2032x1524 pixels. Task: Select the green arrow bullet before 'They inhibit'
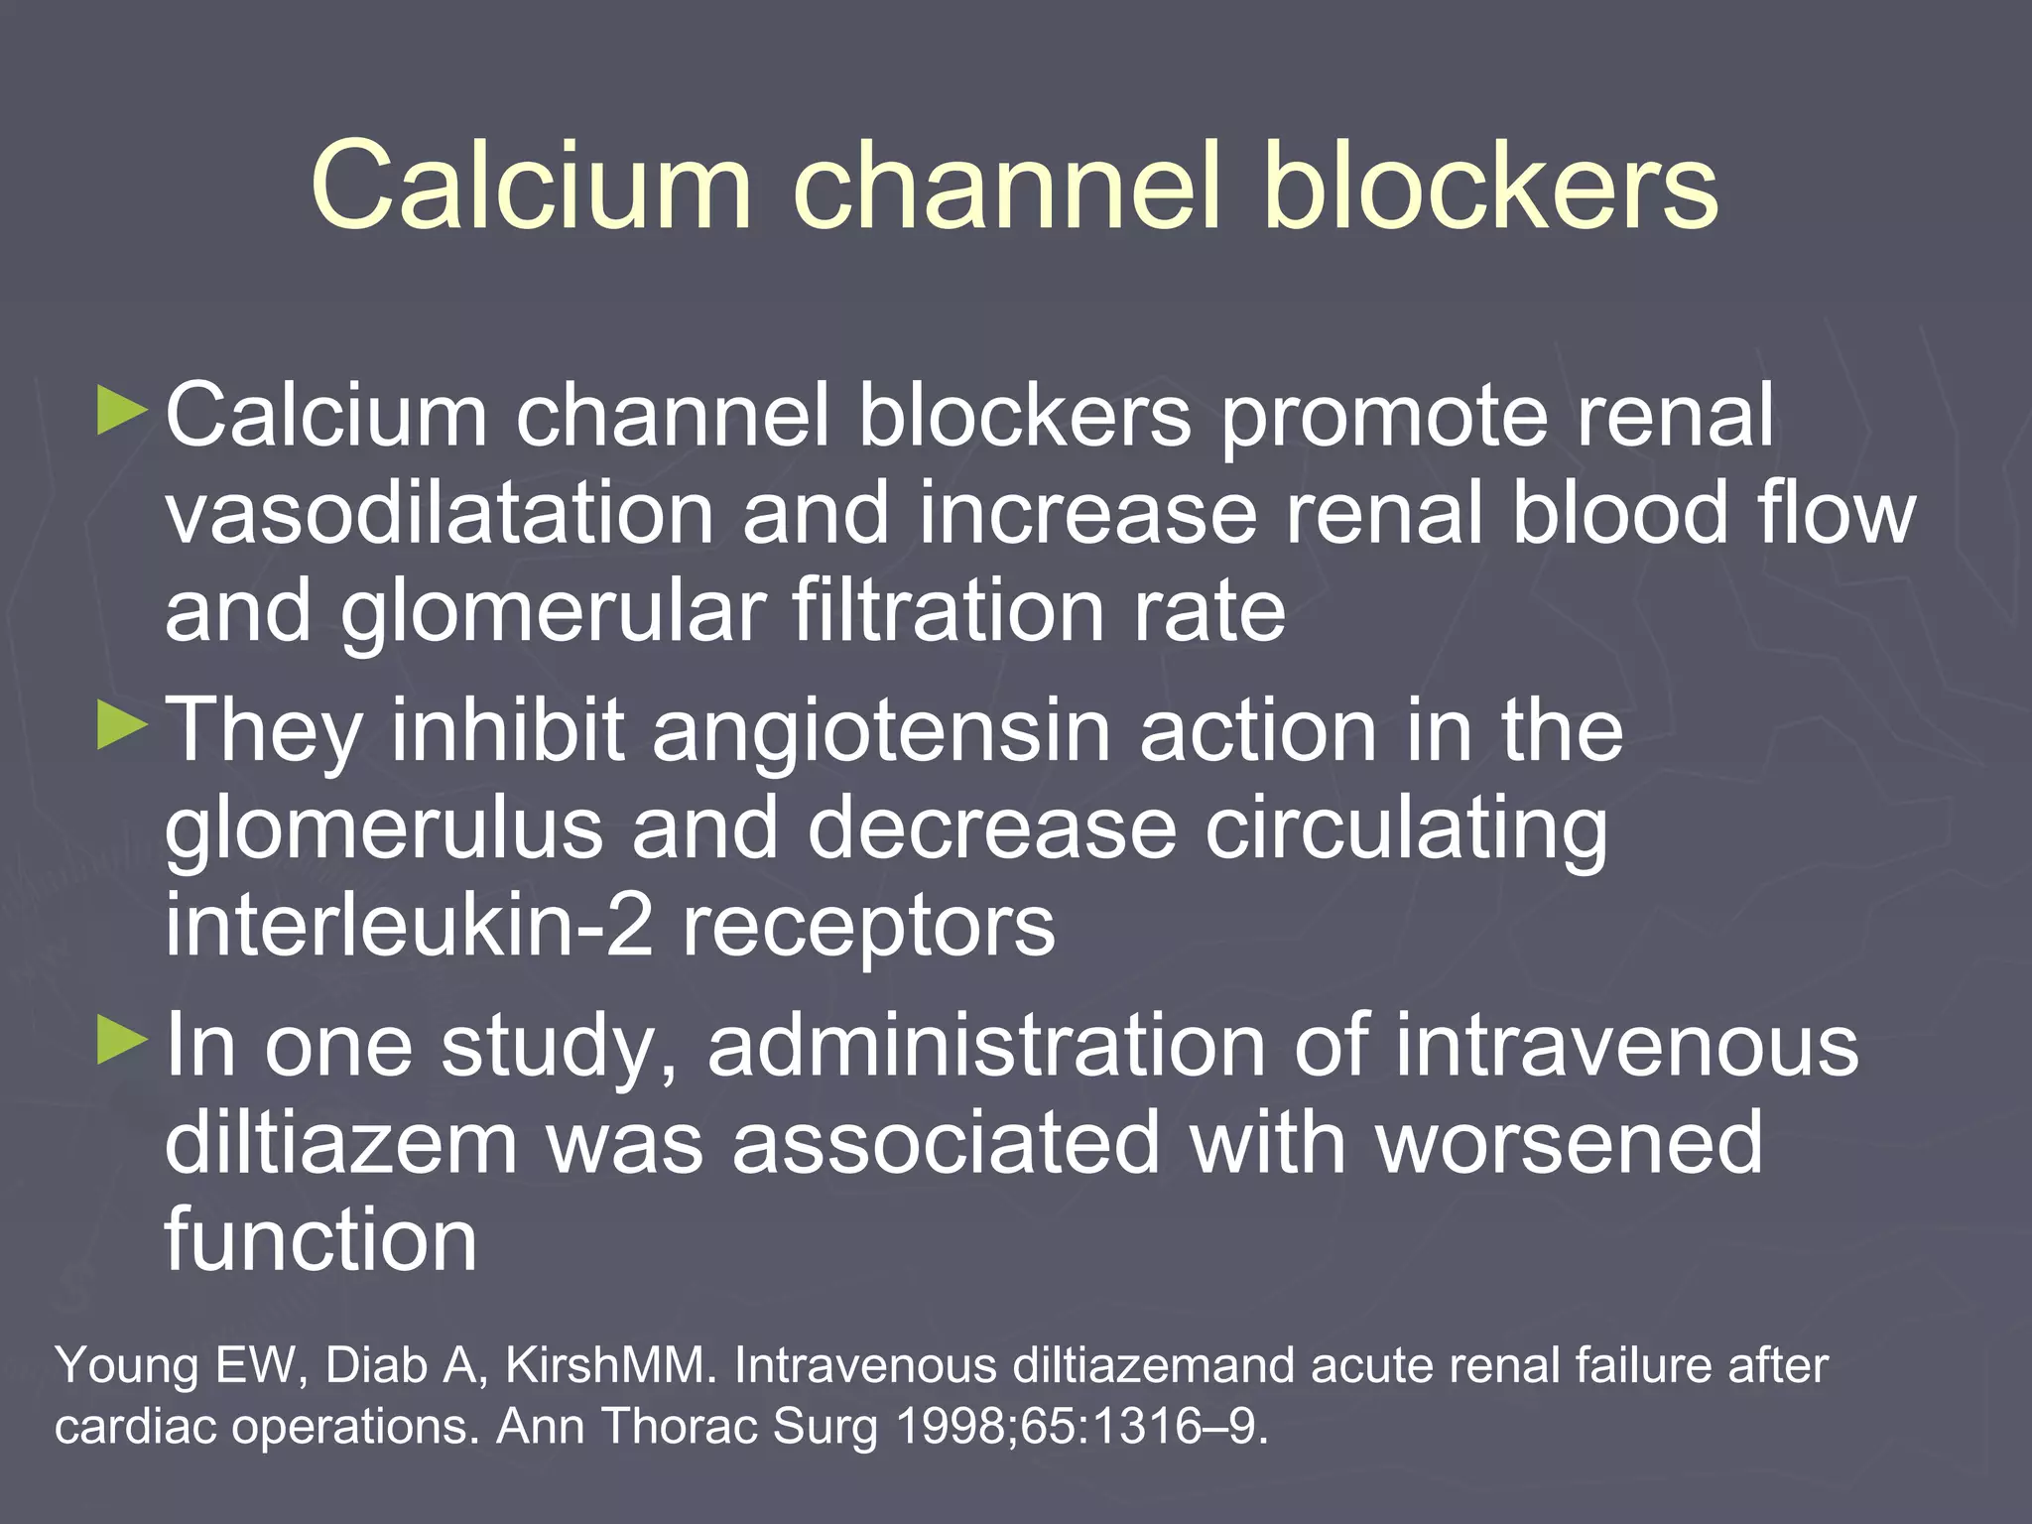pyautogui.click(x=122, y=726)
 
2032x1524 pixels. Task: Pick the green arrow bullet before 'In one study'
pyautogui.click(x=122, y=1041)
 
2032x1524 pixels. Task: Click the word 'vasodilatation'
pyautogui.click(x=440, y=513)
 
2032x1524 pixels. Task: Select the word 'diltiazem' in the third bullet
pyautogui.click(x=340, y=1143)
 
